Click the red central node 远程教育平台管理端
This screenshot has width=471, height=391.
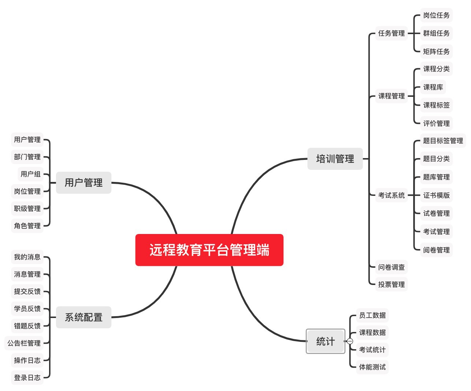click(x=209, y=250)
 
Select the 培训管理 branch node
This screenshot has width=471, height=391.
click(x=335, y=159)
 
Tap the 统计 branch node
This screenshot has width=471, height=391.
click(x=325, y=341)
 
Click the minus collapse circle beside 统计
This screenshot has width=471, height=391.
click(x=350, y=341)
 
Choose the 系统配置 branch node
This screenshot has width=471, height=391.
click(x=84, y=317)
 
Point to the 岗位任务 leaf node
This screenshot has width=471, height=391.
click(x=436, y=15)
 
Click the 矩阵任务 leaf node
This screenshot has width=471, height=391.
click(x=436, y=51)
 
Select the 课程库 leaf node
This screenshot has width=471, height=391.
click(x=433, y=87)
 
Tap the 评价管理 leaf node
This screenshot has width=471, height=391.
click(x=436, y=123)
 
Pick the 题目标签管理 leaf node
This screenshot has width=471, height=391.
click(x=442, y=141)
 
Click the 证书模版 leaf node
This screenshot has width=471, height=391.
click(x=436, y=195)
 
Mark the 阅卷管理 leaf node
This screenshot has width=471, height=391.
click(x=436, y=250)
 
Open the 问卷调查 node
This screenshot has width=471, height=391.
click(x=391, y=267)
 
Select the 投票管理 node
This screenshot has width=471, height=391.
click(x=391, y=284)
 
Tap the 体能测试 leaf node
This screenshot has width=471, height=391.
click(x=372, y=367)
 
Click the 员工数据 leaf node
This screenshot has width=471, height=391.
click(x=372, y=315)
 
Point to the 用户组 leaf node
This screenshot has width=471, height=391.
click(x=30, y=174)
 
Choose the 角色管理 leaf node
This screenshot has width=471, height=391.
click(x=27, y=226)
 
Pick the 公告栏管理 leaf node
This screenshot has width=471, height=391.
click(x=24, y=343)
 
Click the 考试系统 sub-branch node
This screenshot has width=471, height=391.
click(x=391, y=195)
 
